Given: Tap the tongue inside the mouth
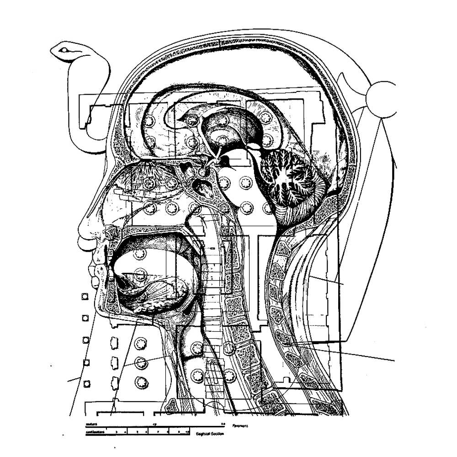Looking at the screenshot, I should (x=151, y=288).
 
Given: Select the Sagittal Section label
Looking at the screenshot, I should (x=210, y=433).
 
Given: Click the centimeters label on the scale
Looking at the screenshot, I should (x=96, y=430).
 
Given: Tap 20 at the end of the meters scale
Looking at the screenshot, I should (x=223, y=425).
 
